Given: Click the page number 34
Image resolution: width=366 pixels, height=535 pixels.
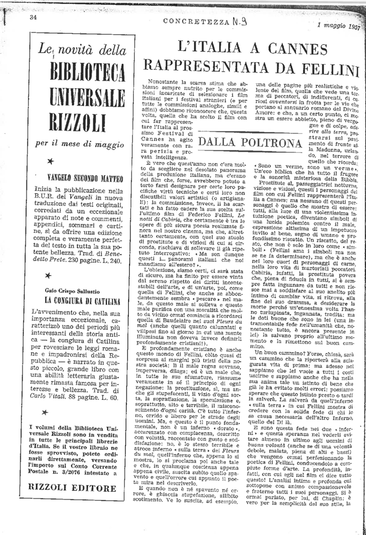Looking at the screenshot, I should pyautogui.click(x=34, y=17).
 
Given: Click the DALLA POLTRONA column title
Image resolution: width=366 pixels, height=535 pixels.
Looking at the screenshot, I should pyautogui.click(x=250, y=143).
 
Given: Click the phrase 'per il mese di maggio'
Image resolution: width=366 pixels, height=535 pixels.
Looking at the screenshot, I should pyautogui.click(x=79, y=144).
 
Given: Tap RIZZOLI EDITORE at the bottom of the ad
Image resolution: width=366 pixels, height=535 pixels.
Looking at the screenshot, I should pyautogui.click(x=79, y=487).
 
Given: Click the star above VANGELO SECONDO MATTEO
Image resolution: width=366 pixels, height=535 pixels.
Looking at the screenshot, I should pyautogui.click(x=50, y=161).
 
